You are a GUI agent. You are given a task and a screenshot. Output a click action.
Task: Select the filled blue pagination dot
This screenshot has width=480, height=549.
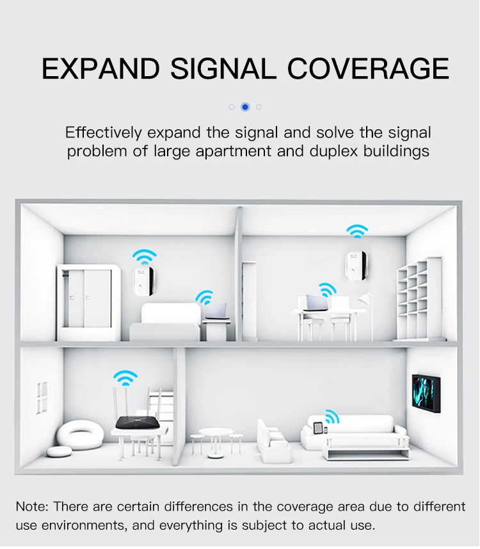[x=245, y=107]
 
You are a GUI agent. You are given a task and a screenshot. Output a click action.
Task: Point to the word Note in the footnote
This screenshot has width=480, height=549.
[x=32, y=506]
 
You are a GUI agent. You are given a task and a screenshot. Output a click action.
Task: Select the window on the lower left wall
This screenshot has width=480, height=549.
[x=42, y=397]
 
